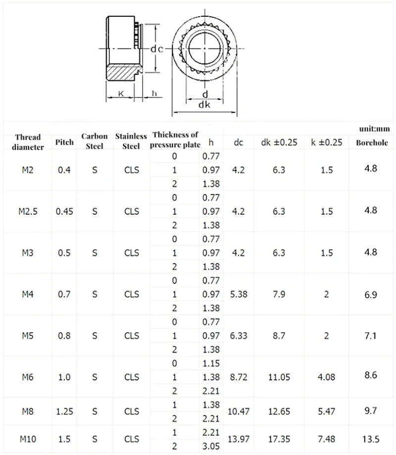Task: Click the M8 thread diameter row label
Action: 28,411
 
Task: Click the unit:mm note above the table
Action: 375,129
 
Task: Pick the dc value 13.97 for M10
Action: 239,439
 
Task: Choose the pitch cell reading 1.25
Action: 65,411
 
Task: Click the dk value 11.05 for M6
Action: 279,377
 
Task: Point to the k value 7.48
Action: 327,439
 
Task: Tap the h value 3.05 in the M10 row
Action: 211,446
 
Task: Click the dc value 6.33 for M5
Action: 239,336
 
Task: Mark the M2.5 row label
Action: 28,211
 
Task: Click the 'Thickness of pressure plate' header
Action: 175,139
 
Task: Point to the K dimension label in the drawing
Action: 121,93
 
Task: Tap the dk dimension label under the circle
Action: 204,105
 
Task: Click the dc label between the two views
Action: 157,48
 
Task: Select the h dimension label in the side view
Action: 154,93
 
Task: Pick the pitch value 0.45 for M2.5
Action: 65,211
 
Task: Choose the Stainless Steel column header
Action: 131,141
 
